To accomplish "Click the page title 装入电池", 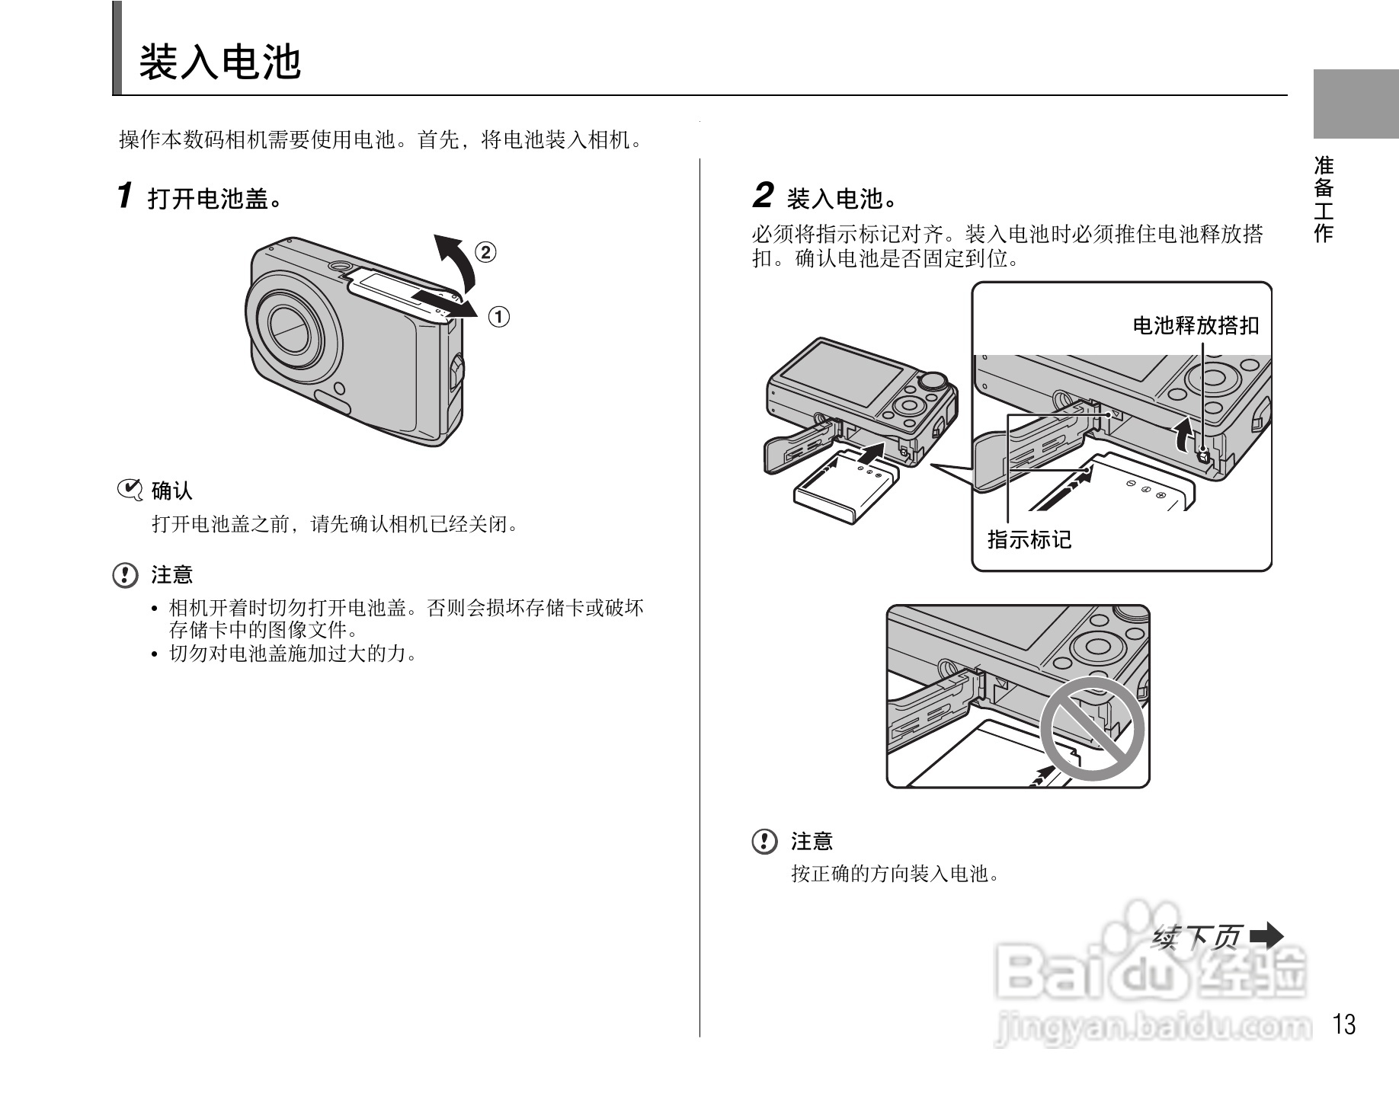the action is pyautogui.click(x=220, y=62).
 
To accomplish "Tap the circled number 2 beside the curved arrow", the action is pyautogui.click(x=485, y=252).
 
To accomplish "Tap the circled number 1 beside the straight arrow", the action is pyautogui.click(x=498, y=317).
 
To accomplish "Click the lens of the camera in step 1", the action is pyautogui.click(x=293, y=328).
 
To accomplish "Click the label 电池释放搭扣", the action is pyautogui.click(x=1195, y=326).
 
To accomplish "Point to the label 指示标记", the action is pyautogui.click(x=1029, y=540).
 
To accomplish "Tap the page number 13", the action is pyautogui.click(x=1345, y=1024).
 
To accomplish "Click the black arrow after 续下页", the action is pyautogui.click(x=1267, y=935).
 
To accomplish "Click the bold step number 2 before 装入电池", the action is pyautogui.click(x=763, y=196).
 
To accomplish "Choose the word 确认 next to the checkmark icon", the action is pyautogui.click(x=172, y=491).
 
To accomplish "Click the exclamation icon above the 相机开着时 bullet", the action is pyautogui.click(x=126, y=575).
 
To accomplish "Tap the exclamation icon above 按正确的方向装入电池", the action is pyautogui.click(x=765, y=842).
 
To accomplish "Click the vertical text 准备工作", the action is pyautogui.click(x=1324, y=200).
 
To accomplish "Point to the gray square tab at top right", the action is pyautogui.click(x=1356, y=104).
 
